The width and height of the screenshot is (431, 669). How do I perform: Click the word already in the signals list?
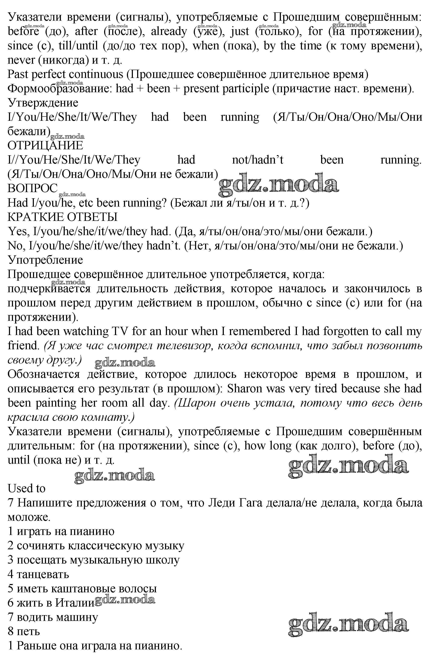169,31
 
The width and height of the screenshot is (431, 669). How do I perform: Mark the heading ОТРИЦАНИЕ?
45,145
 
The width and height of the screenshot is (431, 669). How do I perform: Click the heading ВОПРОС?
32,188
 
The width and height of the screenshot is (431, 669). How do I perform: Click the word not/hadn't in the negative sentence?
257,160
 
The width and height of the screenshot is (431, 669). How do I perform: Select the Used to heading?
26,488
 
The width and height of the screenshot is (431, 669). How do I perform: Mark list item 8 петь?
24,631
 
